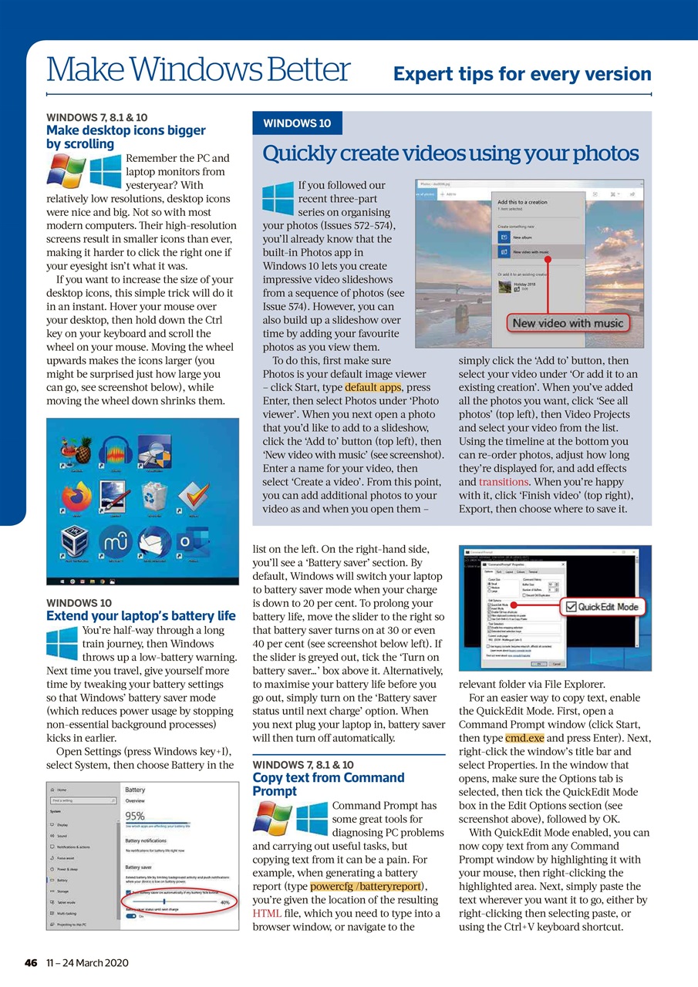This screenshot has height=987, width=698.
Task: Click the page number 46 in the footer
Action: (x=31, y=962)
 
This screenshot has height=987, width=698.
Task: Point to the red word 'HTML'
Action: (x=266, y=914)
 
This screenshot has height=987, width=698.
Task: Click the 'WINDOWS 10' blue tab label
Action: (x=298, y=123)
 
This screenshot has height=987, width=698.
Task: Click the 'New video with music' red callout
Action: (x=568, y=323)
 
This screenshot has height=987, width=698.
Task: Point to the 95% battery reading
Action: (x=135, y=816)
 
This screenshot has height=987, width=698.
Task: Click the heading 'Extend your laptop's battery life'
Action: (x=141, y=615)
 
